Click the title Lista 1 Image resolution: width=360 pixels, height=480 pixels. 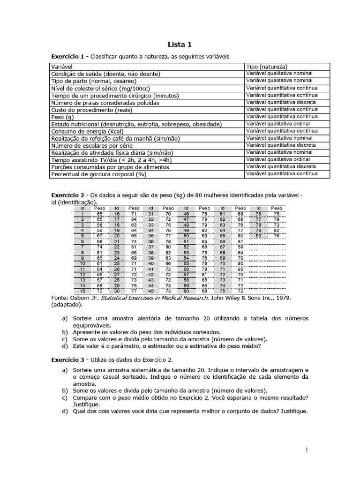[x=180, y=45]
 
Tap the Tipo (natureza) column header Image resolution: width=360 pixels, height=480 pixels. [x=267, y=67]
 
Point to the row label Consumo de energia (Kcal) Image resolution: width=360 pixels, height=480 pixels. [x=87, y=131]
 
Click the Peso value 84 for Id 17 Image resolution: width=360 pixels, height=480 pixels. [x=134, y=219]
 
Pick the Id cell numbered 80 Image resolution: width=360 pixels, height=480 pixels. [x=258, y=236]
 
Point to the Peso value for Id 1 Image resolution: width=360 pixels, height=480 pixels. [x=99, y=213]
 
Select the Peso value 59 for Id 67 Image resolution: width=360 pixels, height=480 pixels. [x=240, y=247]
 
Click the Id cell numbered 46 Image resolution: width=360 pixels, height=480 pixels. [x=186, y=213]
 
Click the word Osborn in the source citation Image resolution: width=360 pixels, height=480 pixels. [x=78, y=297]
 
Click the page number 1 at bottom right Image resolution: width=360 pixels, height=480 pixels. [x=307, y=450]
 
